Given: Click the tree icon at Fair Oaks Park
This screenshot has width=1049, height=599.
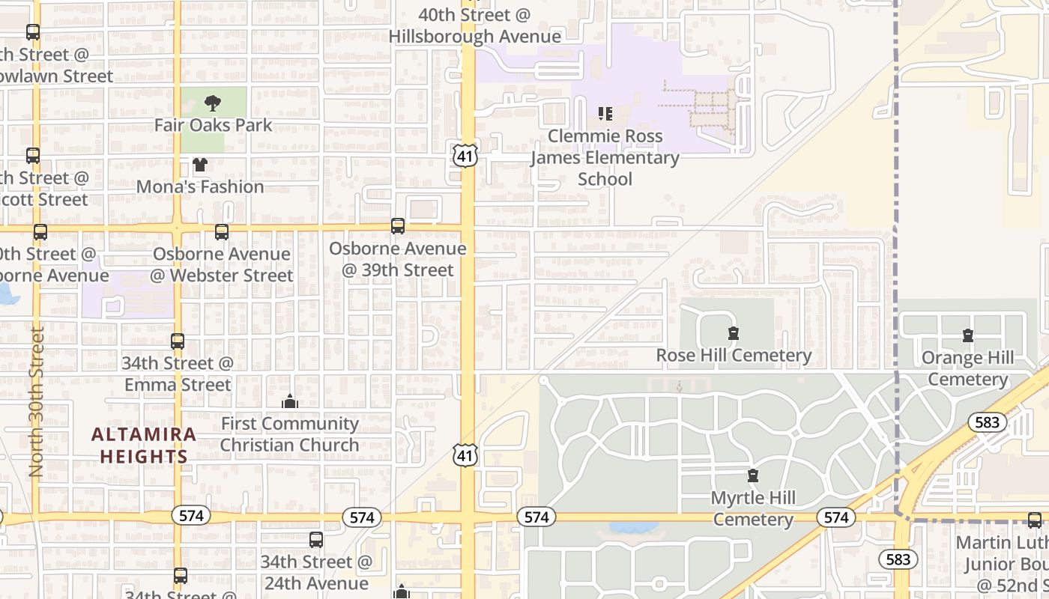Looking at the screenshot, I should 213,103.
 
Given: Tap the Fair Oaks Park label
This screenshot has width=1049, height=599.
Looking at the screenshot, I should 214,125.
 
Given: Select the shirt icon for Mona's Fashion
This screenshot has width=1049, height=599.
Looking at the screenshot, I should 200,165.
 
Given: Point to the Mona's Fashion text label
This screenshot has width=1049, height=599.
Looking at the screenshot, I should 200,186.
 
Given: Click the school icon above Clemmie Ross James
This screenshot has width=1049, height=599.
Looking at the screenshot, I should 605,114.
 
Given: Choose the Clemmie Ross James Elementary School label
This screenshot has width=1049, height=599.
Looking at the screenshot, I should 605,157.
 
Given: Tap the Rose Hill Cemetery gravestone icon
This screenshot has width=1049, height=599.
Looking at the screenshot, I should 734,333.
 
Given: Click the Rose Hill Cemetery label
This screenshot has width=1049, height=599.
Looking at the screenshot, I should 734,355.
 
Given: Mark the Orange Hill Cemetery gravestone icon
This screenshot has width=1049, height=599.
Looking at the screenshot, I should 968,335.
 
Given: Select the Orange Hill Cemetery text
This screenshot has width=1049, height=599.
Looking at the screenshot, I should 968,368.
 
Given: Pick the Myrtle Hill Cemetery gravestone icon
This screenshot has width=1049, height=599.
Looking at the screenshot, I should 753,475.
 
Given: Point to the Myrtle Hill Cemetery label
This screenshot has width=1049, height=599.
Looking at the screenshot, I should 753,508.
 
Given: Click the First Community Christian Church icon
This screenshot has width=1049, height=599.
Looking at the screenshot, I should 290,402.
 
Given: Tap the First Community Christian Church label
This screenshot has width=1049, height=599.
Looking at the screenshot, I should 290,434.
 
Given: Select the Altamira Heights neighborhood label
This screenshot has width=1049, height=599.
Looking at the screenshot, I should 144,445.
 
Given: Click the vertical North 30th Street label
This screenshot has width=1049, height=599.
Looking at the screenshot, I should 36,401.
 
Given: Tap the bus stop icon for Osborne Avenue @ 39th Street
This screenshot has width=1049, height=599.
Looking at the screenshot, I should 398,225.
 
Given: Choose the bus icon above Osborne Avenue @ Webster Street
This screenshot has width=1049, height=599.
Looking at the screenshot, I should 222,232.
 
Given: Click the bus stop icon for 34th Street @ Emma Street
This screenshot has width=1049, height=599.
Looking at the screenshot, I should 178,341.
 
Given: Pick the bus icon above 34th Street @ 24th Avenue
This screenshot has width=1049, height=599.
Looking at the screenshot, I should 316,539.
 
